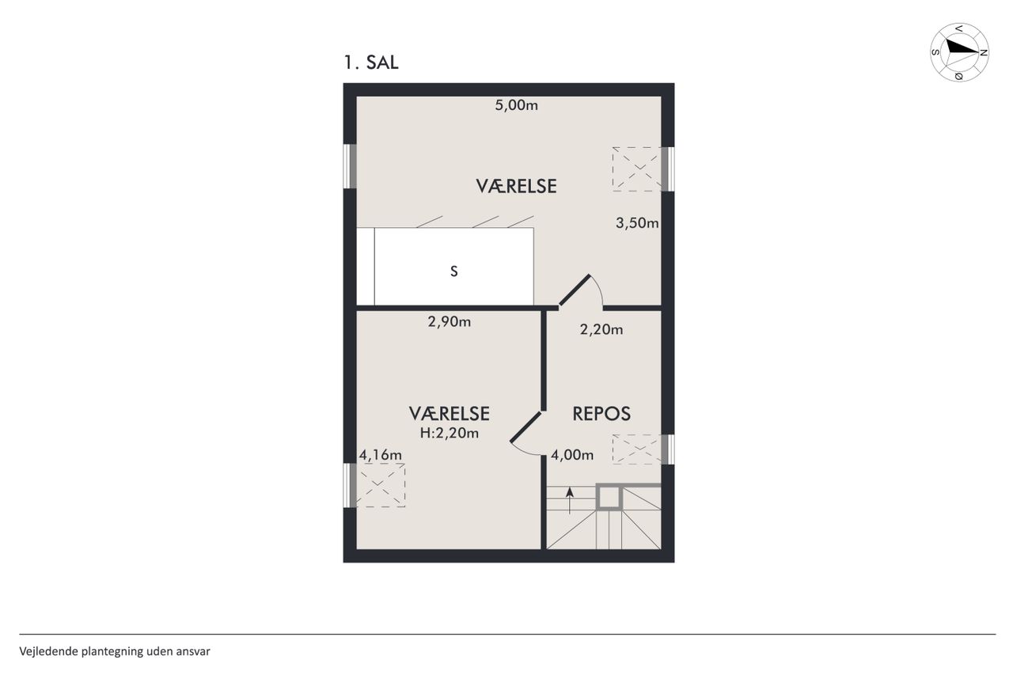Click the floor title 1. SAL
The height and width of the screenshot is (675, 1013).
(371, 63)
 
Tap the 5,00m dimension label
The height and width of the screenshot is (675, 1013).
(517, 105)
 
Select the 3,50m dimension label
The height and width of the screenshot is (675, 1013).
(637, 223)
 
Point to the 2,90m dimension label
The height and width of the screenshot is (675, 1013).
(449, 321)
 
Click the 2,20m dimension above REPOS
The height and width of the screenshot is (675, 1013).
(601, 330)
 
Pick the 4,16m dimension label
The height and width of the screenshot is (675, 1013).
(381, 455)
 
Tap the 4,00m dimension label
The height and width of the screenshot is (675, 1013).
(572, 455)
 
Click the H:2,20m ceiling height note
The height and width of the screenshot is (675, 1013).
(449, 433)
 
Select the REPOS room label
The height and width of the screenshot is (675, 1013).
(601, 414)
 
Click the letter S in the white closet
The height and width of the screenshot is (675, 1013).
(454, 271)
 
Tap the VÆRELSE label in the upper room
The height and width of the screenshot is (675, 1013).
(516, 186)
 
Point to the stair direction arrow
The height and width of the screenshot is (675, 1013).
(569, 500)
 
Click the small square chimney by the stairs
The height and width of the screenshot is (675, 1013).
(609, 497)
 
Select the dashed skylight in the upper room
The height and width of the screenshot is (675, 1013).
(637, 169)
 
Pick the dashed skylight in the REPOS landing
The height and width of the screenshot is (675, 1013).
(637, 449)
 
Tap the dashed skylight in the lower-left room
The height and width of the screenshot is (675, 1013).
(381, 484)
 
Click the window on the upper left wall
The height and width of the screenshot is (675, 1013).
(350, 166)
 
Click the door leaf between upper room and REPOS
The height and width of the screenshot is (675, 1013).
(575, 290)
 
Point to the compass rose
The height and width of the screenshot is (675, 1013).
(959, 52)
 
